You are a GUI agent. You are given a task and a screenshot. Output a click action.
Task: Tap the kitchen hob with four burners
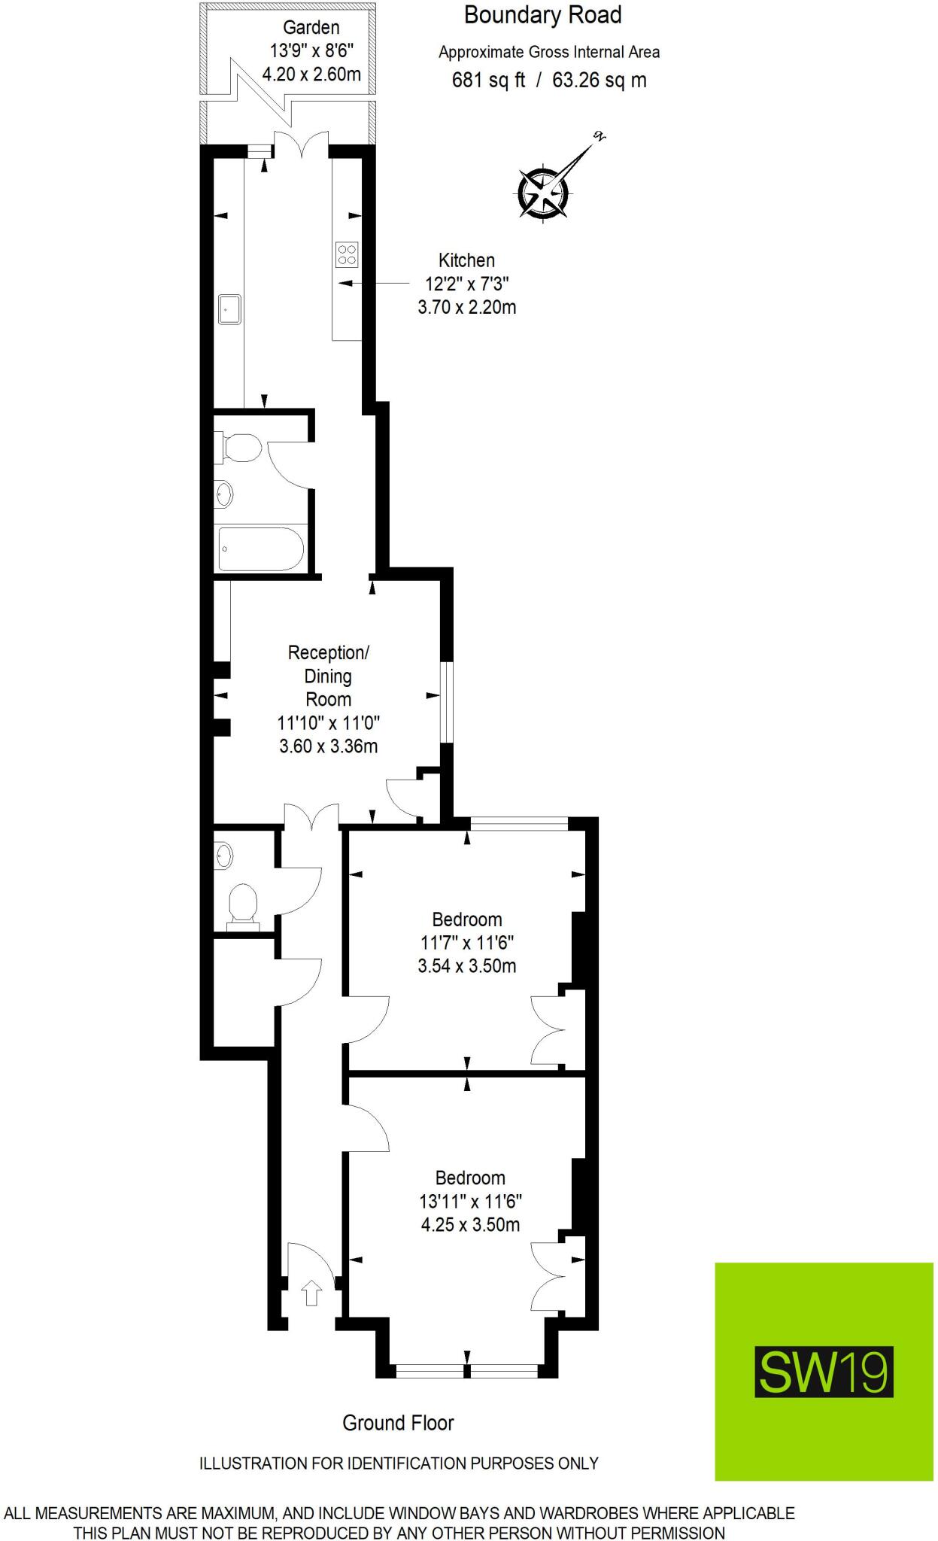pos(347,254)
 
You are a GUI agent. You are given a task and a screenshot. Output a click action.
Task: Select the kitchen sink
pos(230,309)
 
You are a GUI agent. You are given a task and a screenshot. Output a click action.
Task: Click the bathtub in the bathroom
pos(260,549)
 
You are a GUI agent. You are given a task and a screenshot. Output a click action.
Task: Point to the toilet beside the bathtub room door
pos(239,448)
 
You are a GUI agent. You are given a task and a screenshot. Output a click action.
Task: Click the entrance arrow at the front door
pos(311,1294)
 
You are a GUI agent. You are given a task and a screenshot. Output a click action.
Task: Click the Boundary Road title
pos(542,15)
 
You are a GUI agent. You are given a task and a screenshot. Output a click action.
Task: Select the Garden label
pos(311,28)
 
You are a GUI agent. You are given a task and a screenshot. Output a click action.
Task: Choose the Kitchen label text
pos(466,260)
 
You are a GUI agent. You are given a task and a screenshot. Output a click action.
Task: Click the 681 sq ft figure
pos(488,80)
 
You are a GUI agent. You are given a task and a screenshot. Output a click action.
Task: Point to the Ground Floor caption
pos(398,1423)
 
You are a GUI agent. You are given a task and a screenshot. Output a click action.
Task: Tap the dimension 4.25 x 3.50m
pos(470,1224)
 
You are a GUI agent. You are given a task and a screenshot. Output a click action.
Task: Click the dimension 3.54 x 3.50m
pos(467,965)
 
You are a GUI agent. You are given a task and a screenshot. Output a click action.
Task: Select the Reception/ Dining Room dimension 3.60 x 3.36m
pos(328,746)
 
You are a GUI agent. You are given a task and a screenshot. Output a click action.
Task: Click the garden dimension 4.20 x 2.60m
pos(311,74)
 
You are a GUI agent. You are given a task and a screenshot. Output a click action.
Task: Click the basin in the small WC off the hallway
pos(224,856)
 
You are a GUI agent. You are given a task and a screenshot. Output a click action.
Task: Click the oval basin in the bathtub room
pos(224,494)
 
